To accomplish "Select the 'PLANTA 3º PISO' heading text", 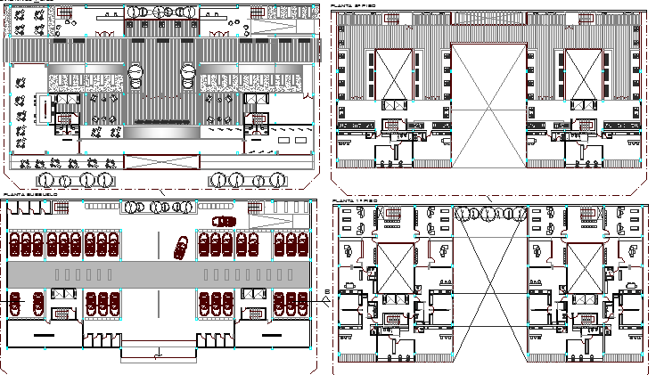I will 354,5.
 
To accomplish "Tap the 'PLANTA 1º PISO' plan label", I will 355,202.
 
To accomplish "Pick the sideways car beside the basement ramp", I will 220,221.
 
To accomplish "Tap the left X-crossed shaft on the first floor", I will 395,266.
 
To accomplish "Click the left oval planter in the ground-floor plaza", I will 135,75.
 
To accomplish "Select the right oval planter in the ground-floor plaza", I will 191,75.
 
